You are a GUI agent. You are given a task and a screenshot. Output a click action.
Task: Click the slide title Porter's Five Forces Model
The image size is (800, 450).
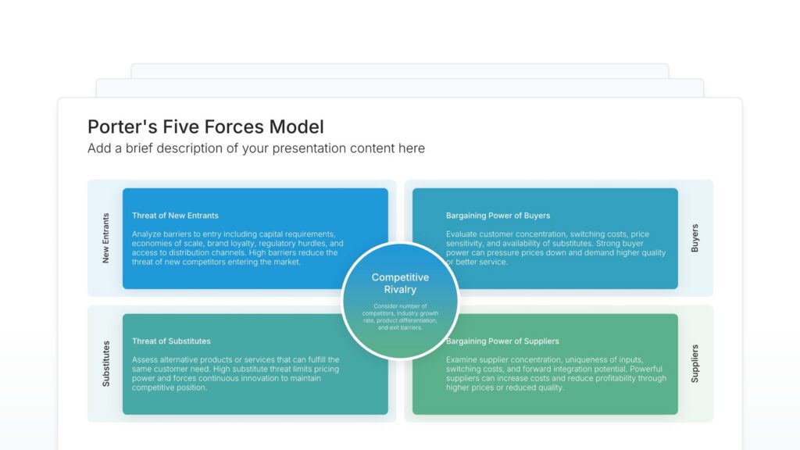[x=205, y=127]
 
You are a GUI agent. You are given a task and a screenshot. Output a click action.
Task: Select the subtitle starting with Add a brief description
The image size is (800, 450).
[x=256, y=148]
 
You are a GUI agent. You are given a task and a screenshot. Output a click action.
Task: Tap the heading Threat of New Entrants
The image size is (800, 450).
[x=175, y=216]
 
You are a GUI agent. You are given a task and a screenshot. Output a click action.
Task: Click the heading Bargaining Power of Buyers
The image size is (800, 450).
[x=498, y=216]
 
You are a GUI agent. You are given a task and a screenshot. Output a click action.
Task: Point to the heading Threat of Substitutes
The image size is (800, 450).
[x=171, y=341]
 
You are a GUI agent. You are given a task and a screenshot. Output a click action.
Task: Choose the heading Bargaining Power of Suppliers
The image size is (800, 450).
[x=502, y=341]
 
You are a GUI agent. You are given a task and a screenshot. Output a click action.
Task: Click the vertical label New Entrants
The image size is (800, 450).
[x=106, y=237]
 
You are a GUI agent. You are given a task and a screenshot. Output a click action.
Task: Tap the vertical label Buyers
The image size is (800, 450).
[x=695, y=238]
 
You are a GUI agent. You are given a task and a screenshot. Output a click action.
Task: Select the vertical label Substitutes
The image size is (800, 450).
[x=106, y=363]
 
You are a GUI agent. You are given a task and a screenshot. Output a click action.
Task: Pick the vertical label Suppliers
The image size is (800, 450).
[x=695, y=363]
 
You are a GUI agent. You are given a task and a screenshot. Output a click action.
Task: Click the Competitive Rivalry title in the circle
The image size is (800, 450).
[x=400, y=284]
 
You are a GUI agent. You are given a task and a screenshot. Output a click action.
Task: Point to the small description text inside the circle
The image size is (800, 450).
[x=400, y=316]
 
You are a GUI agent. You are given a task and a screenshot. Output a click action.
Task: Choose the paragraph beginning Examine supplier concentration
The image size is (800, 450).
[x=555, y=373]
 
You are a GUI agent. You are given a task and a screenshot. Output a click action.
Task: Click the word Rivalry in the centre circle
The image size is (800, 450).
[x=400, y=290]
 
